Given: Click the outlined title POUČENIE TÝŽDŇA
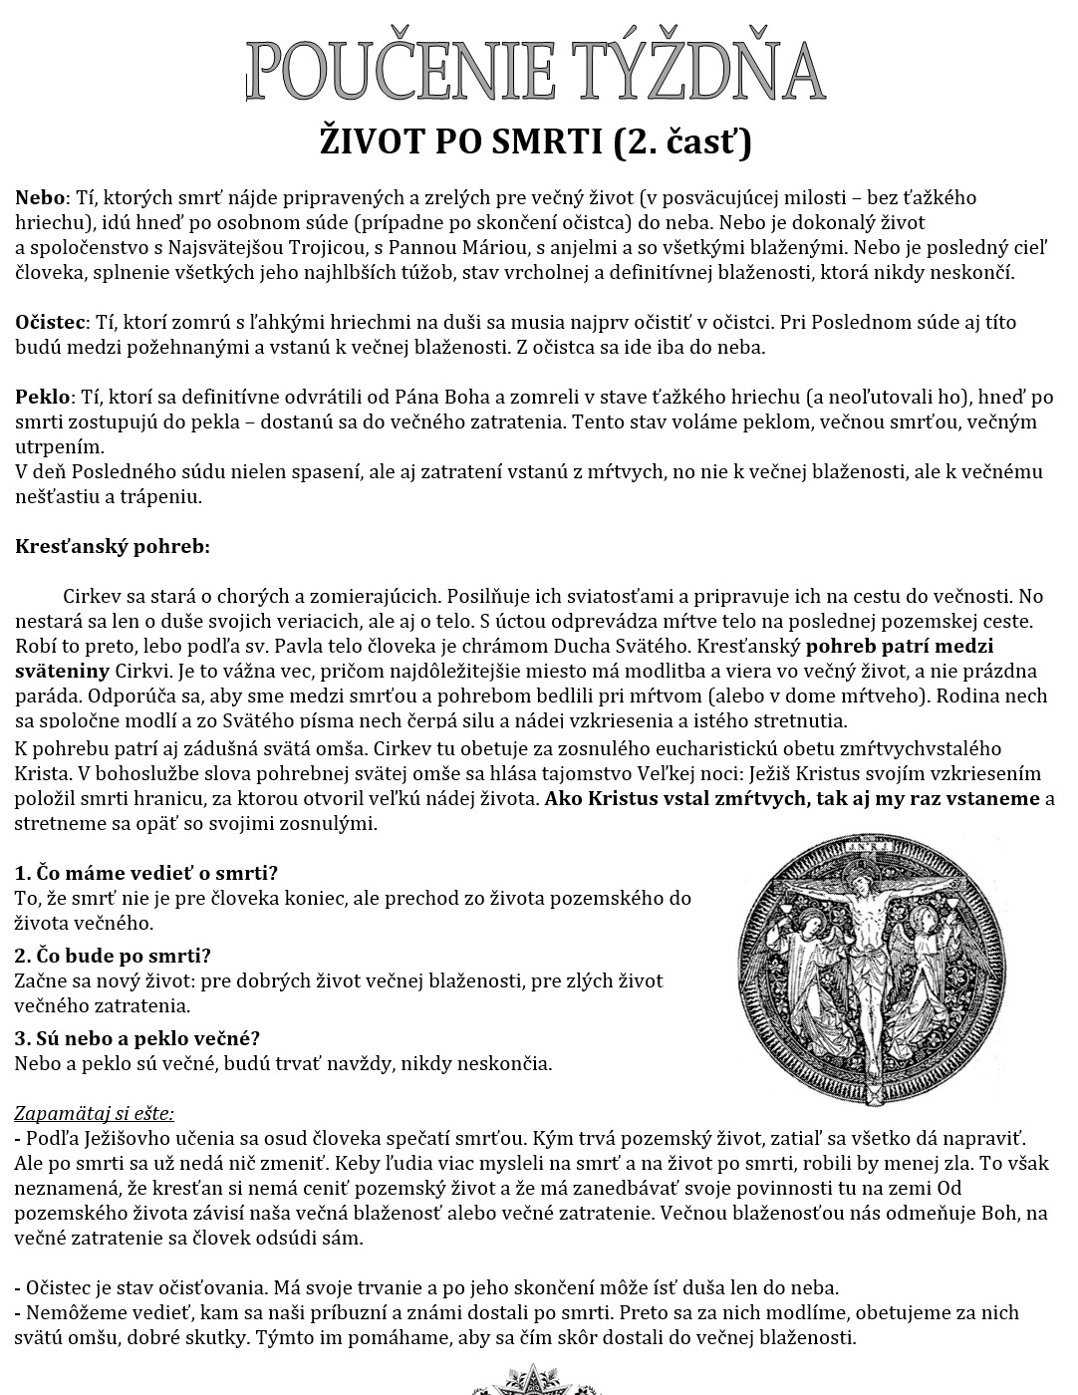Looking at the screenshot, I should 536,70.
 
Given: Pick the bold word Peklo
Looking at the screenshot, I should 43,397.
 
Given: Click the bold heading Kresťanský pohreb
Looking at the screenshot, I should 112,546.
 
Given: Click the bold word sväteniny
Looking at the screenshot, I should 63,671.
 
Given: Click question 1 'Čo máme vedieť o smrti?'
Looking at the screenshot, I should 145,873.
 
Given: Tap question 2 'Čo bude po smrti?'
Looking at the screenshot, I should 113,956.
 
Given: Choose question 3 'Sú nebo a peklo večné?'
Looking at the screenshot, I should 136,1038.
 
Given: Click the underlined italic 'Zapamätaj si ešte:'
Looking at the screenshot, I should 94,1113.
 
